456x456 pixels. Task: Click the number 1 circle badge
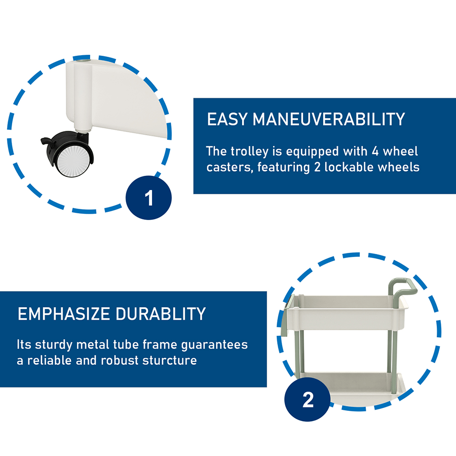click(148, 198)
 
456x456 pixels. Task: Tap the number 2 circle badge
click(308, 399)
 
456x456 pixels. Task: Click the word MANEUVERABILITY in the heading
click(329, 119)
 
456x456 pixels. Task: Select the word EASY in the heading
click(227, 119)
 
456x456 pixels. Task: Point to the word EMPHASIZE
click(64, 314)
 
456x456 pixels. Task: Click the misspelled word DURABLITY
click(161, 314)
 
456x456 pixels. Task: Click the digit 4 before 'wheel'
click(375, 151)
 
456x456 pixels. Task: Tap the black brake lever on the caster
click(49, 141)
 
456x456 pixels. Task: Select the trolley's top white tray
click(345, 313)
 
